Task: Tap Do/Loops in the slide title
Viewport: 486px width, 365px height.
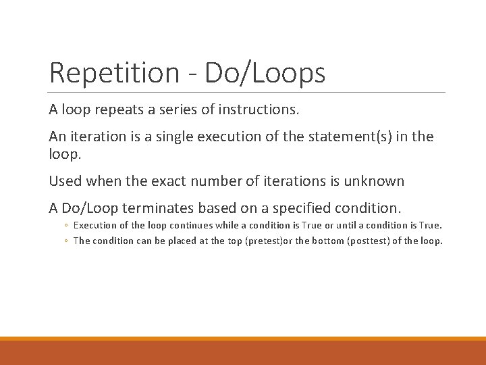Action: click(x=265, y=73)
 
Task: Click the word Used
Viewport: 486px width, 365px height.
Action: click(x=64, y=181)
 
